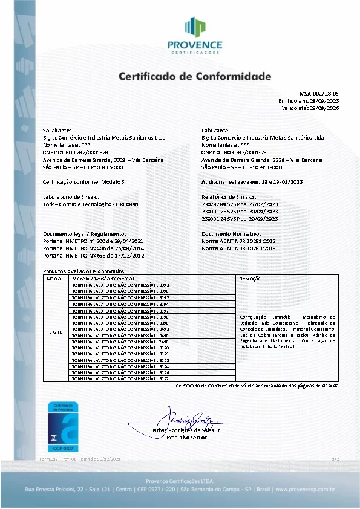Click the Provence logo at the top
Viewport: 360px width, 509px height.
(x=203, y=35)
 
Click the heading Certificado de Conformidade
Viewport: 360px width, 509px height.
(x=194, y=77)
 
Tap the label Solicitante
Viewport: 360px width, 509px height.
(x=57, y=131)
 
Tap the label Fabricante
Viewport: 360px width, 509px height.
(x=215, y=131)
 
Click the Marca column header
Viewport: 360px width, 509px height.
(x=54, y=279)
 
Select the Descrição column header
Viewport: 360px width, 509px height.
(x=249, y=279)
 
